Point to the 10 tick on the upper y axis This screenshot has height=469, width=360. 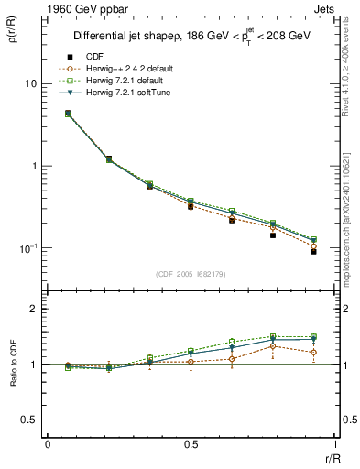pos(29,83)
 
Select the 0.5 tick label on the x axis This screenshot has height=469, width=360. pos(190,443)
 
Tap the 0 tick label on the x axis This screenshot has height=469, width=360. pos(48,443)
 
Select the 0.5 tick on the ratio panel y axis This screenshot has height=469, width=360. pos(29,420)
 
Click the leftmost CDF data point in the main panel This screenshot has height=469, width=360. pos(68,114)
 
